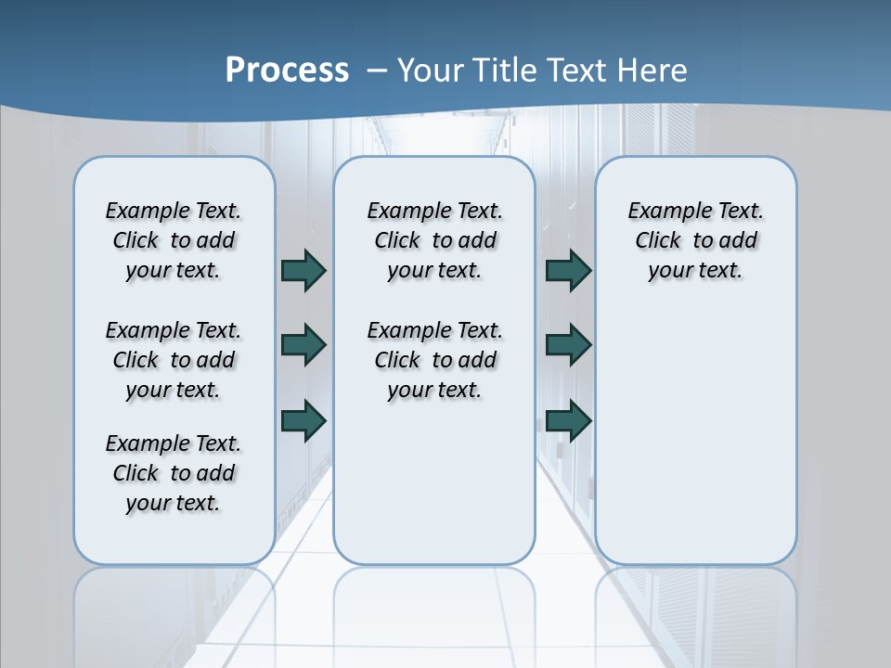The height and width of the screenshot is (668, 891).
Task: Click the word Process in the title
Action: click(x=287, y=70)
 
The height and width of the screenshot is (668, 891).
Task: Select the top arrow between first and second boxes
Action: click(x=303, y=270)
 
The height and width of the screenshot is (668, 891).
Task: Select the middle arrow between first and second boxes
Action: click(x=303, y=345)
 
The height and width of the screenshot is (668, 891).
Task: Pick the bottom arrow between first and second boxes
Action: click(x=303, y=420)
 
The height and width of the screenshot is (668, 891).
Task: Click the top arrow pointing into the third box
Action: click(x=568, y=270)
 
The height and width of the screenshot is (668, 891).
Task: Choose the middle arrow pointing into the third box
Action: click(x=568, y=345)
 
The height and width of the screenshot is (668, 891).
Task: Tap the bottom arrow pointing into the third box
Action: click(x=568, y=420)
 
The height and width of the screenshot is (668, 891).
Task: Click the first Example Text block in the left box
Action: click(x=174, y=240)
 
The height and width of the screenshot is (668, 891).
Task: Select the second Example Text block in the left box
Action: click(x=174, y=360)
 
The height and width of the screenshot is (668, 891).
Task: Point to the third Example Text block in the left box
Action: click(x=174, y=473)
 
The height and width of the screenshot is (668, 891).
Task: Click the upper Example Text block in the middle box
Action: click(x=434, y=240)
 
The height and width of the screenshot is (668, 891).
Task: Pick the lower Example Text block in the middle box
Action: click(x=434, y=360)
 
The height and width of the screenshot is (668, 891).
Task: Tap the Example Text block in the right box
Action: click(x=695, y=240)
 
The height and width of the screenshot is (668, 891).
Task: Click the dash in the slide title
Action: click(x=377, y=70)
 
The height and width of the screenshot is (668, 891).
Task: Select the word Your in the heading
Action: click(x=432, y=70)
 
